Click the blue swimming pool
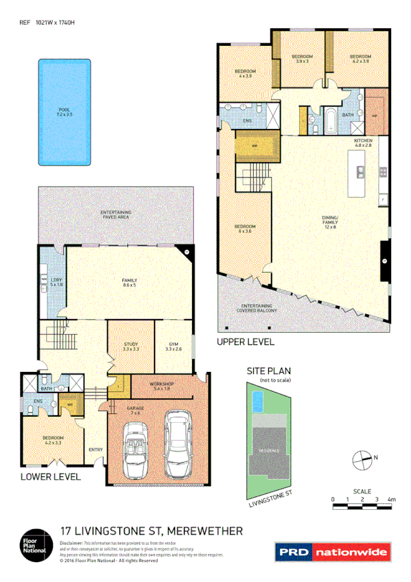tap(64, 111)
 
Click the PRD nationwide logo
tap(332, 551)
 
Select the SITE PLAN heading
tap(266, 371)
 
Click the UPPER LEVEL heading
tap(245, 341)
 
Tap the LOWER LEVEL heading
tap(50, 476)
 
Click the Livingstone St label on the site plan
tap(270, 498)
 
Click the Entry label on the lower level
tap(95, 450)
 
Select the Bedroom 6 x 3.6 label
tap(245, 229)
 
